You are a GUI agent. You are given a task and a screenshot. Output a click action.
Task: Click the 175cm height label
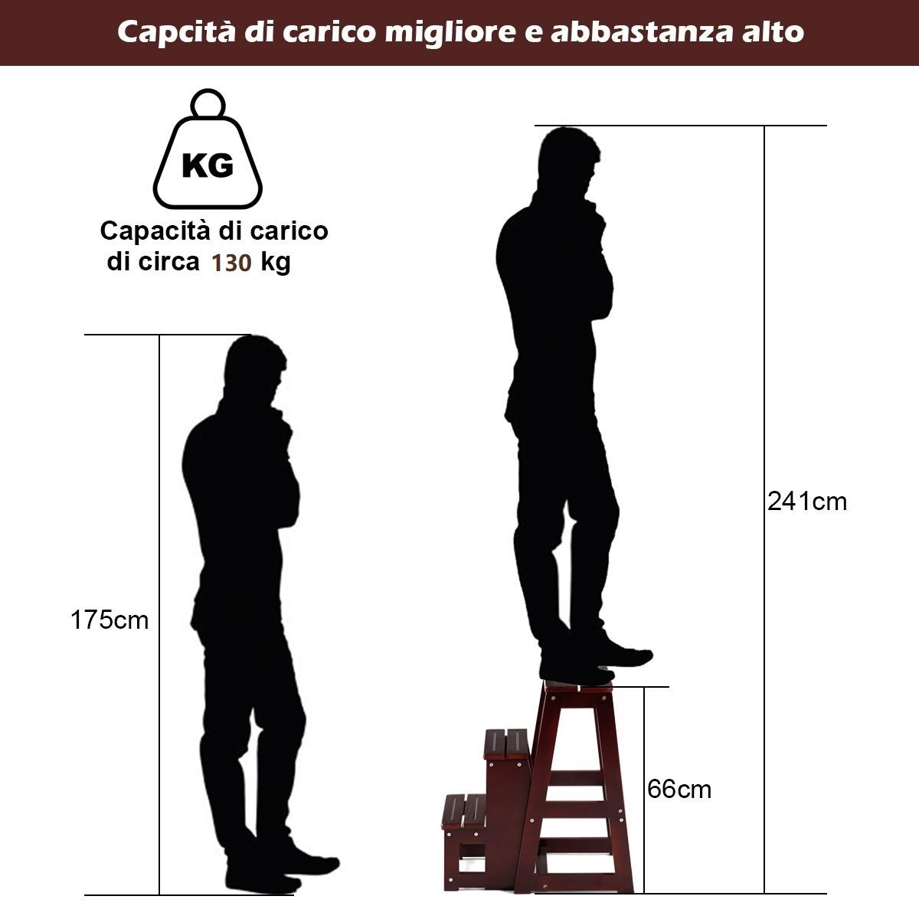110,620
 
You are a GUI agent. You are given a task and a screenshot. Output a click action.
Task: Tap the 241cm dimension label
807,502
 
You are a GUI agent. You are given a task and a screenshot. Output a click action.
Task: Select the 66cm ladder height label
679,790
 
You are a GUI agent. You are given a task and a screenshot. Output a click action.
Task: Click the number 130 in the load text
231,263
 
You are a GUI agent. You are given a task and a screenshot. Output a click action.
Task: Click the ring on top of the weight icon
208,103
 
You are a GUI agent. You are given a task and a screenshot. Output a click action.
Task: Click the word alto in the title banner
773,31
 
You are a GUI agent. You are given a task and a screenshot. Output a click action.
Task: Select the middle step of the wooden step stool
507,744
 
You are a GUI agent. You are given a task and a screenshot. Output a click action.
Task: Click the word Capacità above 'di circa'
155,231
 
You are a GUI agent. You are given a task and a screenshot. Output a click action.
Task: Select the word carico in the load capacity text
289,231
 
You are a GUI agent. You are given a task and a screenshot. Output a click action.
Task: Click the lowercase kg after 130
276,263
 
